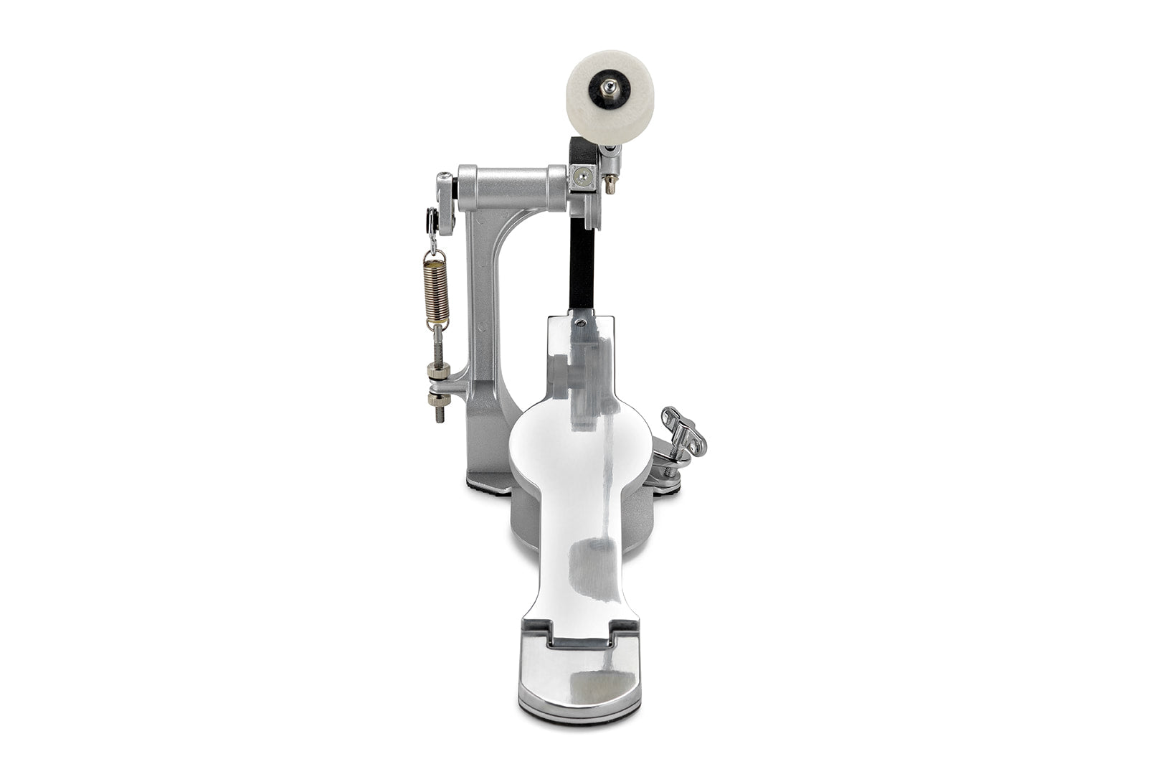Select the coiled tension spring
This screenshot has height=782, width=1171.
click(435, 290)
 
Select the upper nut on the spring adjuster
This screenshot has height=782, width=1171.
click(438, 371)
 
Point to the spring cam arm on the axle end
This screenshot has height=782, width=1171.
click(445, 203)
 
